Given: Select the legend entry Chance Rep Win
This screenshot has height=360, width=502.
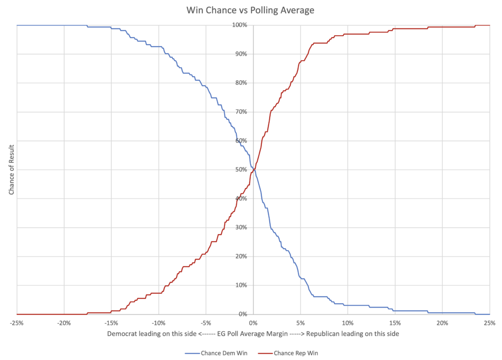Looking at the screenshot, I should pos(292,353).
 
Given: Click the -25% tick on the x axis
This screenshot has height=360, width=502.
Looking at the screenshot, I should pos(17,323).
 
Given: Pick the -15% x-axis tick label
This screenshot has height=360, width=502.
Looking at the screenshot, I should pos(111,323).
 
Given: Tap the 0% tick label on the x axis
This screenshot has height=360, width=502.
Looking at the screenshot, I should pos(253,323).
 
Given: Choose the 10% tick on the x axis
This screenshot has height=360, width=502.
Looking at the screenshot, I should pos(348,323).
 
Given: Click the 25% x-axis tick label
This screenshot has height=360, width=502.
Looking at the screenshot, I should pos(489,323).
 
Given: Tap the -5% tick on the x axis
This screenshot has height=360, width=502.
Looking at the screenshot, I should pos(206,323).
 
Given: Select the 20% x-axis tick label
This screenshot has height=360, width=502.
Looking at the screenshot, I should pos(442,323).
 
